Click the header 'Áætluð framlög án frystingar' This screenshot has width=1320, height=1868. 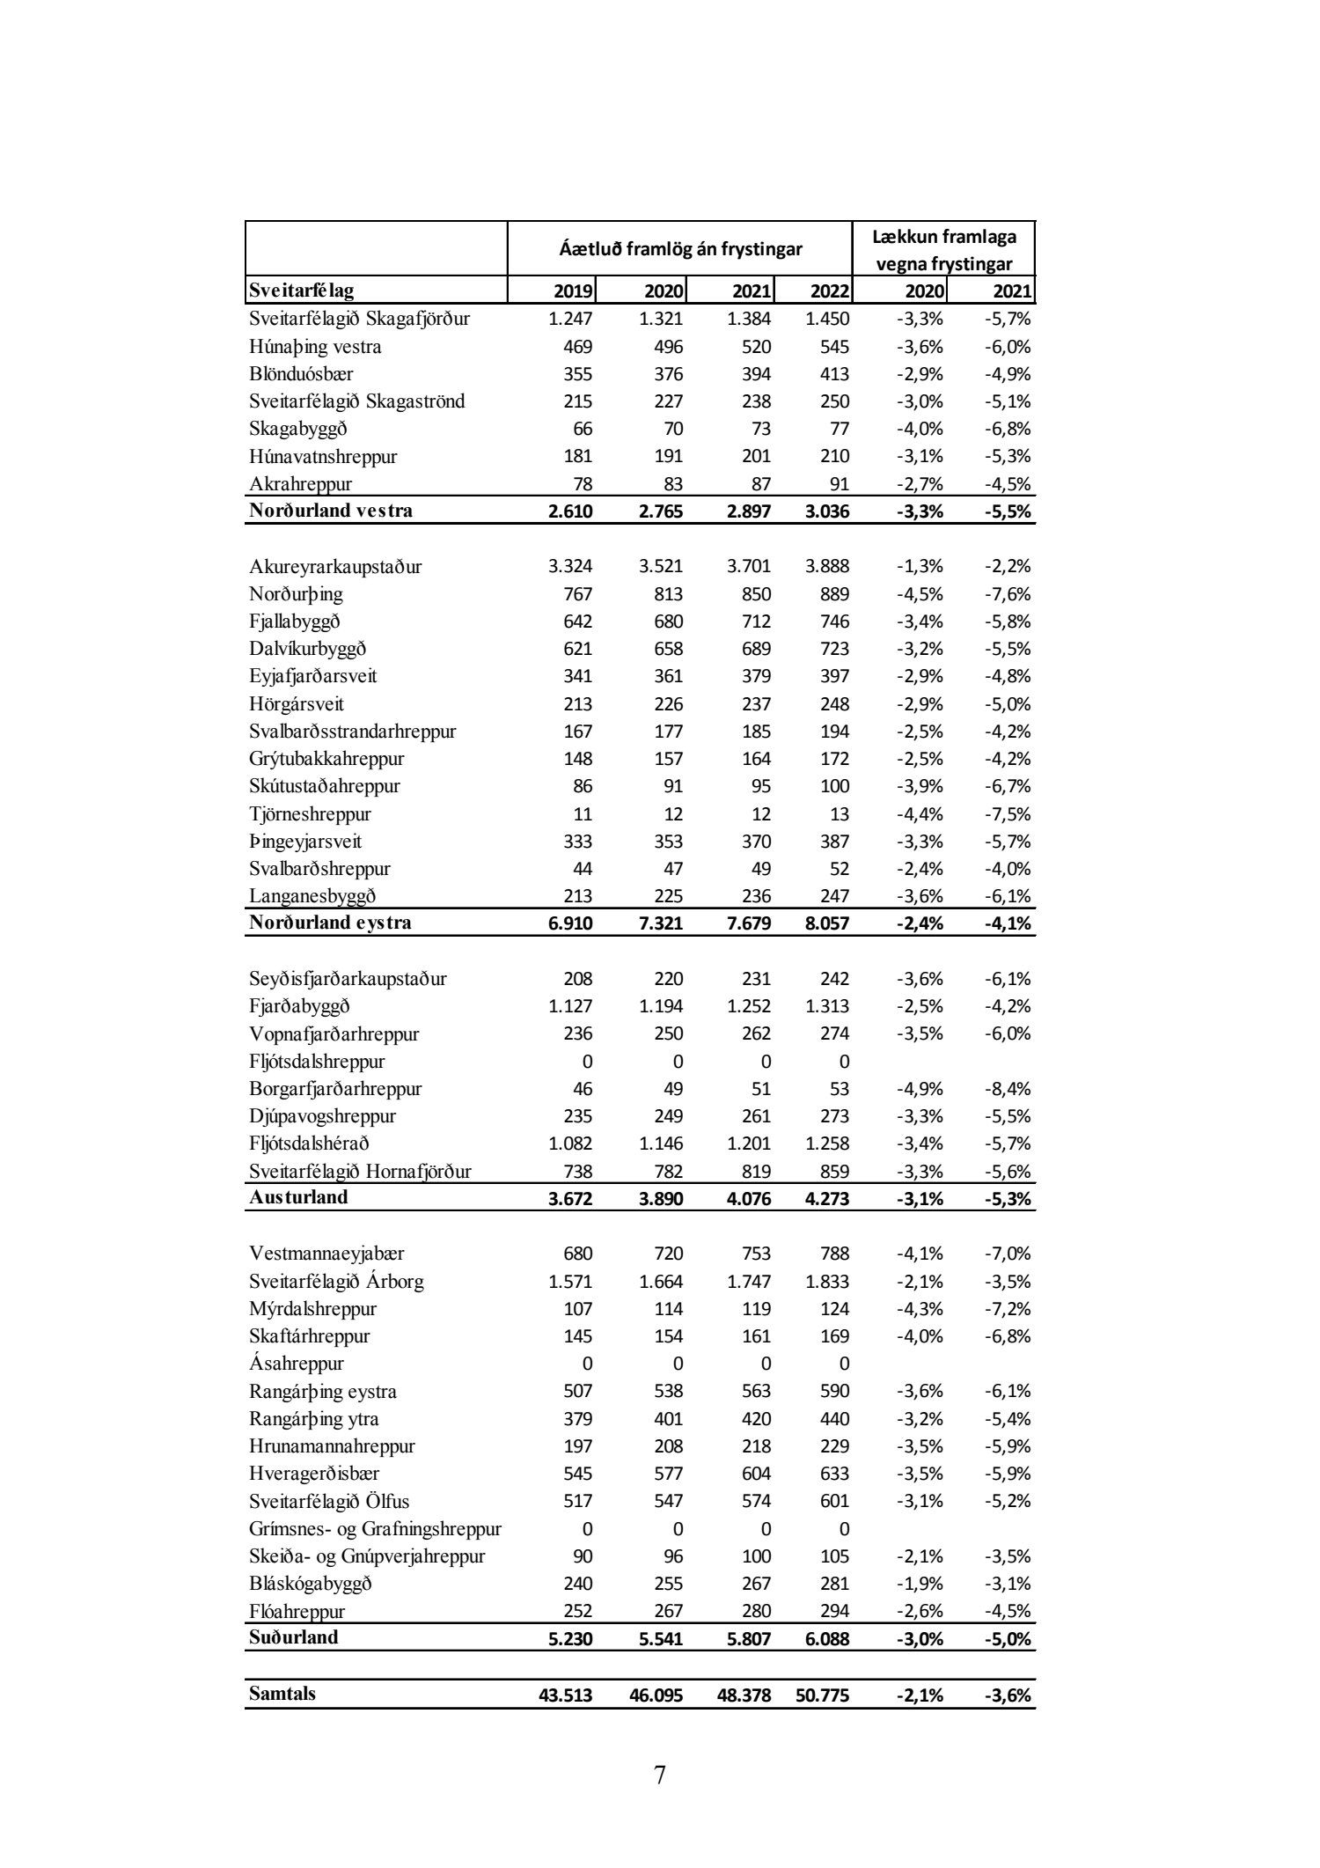pyautogui.click(x=680, y=249)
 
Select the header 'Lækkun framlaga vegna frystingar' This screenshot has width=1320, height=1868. pyautogui.click(x=943, y=250)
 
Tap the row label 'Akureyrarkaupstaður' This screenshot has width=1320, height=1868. pyautogui.click(x=335, y=567)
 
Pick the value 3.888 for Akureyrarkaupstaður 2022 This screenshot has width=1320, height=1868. pyautogui.click(x=827, y=567)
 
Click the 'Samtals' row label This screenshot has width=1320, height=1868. pyautogui.click(x=282, y=1694)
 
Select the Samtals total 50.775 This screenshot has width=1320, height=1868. pyautogui.click(x=822, y=1695)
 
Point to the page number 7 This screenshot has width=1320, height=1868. pyautogui.click(x=660, y=1775)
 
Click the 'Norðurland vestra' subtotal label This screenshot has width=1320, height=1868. pyautogui.click(x=331, y=511)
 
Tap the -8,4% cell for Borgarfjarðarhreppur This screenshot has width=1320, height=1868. pyautogui.click(x=1007, y=1089)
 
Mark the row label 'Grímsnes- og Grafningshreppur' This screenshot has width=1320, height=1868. pyautogui.click(x=375, y=1529)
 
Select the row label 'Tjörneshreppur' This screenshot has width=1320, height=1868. pyautogui.click(x=310, y=814)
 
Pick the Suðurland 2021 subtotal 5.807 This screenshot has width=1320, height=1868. pyautogui.click(x=749, y=1639)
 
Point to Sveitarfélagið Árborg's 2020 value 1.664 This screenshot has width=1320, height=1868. pyautogui.click(x=661, y=1282)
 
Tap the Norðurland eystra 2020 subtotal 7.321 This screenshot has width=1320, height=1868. pyautogui.click(x=661, y=924)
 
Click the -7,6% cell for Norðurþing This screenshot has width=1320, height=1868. pyautogui.click(x=1007, y=594)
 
